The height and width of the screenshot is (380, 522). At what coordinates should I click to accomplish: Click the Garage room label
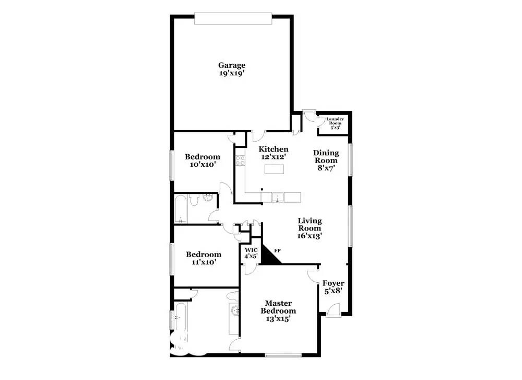coord(232,65)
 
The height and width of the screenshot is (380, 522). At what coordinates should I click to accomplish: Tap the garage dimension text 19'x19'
coord(232,74)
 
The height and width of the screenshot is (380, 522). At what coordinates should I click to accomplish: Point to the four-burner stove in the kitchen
coord(240,160)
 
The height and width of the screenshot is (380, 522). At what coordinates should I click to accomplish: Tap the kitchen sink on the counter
coord(277,197)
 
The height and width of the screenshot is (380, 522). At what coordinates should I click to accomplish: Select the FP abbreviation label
coord(277,251)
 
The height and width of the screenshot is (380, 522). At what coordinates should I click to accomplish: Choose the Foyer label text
coord(333,284)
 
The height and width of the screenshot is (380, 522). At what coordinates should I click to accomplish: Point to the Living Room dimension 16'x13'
coord(310,236)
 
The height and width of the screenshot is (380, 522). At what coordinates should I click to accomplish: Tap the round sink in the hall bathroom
coord(208,198)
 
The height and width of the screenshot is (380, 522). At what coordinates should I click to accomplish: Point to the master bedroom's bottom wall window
coord(283,356)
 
